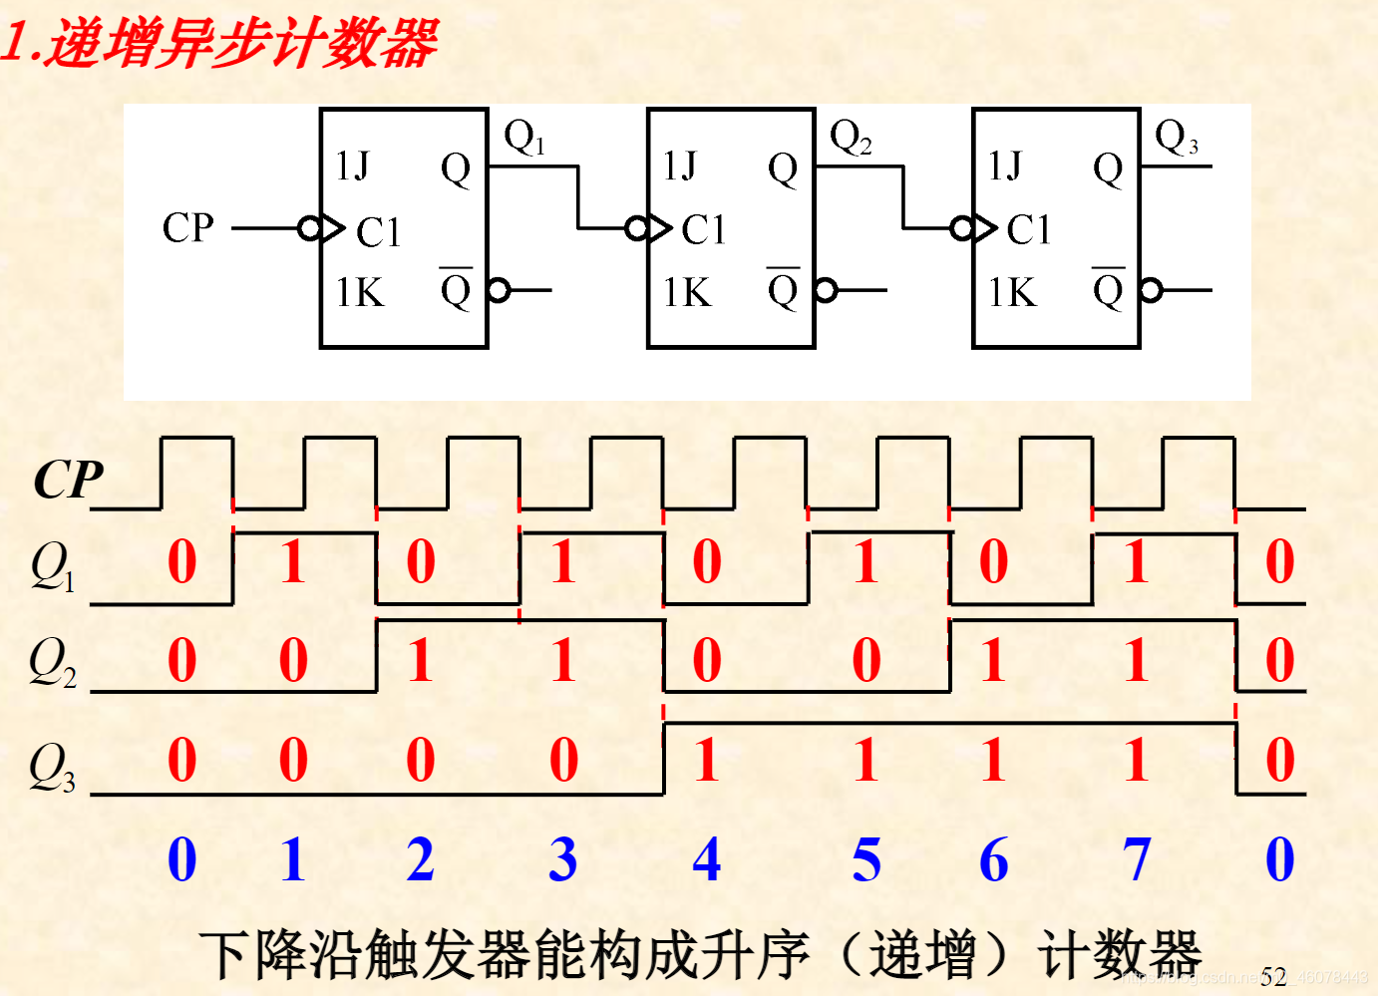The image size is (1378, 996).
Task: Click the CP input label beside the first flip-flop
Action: [x=187, y=227]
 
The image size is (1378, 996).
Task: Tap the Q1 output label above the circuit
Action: [x=524, y=137]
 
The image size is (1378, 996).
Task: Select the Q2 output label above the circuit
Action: [x=851, y=137]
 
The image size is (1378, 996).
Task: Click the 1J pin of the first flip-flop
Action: [x=352, y=166]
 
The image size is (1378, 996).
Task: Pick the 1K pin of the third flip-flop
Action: [x=1012, y=292]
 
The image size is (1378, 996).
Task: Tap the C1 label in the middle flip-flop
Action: [x=703, y=230]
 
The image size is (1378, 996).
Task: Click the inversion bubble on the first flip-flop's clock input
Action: [x=309, y=228]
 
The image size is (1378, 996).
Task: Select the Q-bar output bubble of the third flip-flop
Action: [x=1152, y=290]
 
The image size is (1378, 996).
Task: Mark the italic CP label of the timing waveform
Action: [x=68, y=481]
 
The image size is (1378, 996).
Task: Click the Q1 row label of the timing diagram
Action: [x=52, y=566]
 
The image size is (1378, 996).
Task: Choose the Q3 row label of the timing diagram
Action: [x=52, y=767]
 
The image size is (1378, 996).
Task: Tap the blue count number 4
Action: [x=707, y=859]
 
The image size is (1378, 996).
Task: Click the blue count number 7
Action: [x=1137, y=859]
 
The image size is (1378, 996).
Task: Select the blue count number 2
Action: [x=420, y=859]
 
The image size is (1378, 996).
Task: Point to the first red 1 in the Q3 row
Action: [x=706, y=760]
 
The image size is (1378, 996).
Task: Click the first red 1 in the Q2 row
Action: [x=420, y=660]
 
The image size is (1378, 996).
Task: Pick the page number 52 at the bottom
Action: [x=1273, y=977]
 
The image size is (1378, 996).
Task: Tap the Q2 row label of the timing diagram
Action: [x=52, y=662]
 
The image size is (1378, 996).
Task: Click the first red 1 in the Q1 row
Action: [x=292, y=562]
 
